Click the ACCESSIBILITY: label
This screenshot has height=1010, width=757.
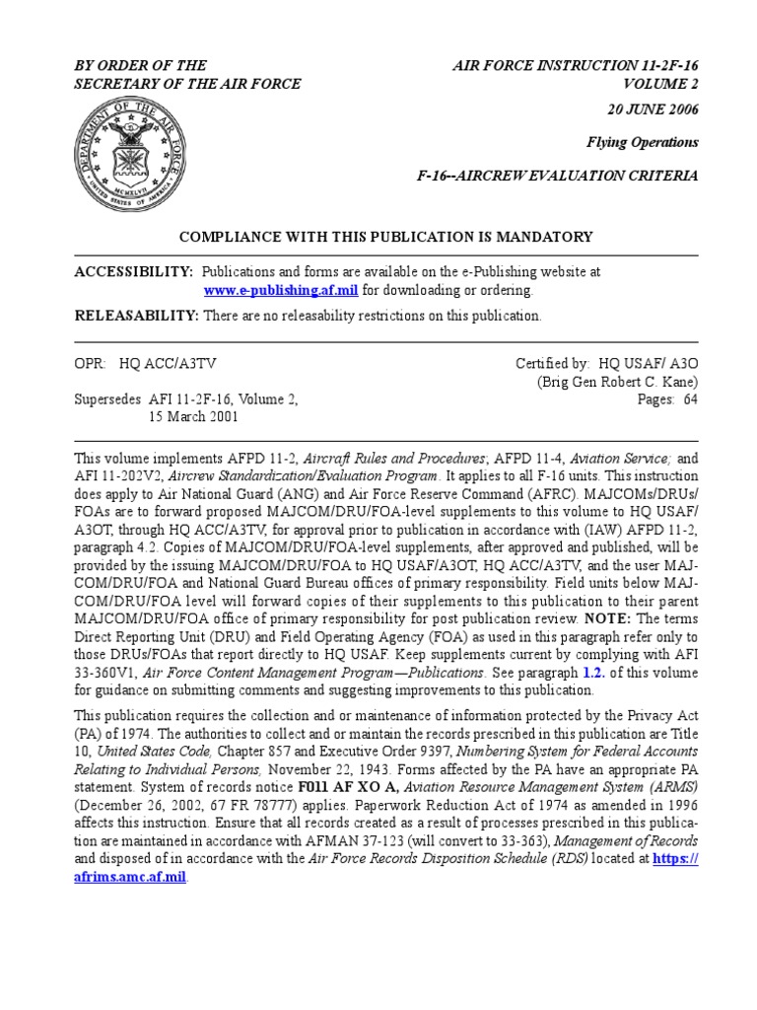(134, 270)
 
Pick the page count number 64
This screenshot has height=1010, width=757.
(690, 399)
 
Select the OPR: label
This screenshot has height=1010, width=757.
(90, 363)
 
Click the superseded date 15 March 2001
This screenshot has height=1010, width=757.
(194, 417)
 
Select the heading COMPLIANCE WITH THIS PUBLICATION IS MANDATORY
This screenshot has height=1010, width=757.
(384, 237)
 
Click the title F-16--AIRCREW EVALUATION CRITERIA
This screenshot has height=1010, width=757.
(558, 176)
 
